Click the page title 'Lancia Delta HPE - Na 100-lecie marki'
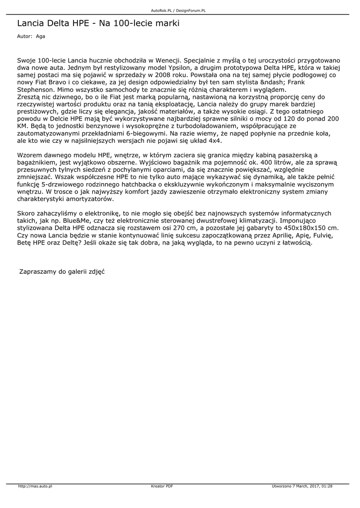click(98, 23)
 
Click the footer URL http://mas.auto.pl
click(35, 486)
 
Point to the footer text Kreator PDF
click(161, 486)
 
